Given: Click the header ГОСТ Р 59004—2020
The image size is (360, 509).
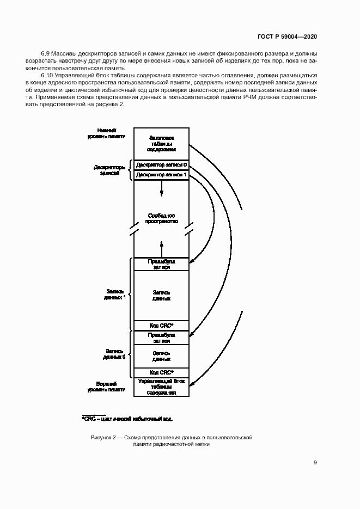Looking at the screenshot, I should pos(288,36).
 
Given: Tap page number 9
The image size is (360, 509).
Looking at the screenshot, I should pos(315,463).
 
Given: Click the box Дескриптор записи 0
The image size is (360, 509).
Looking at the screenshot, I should pos(161,164).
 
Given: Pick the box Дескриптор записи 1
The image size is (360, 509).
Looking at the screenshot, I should pos(161,175).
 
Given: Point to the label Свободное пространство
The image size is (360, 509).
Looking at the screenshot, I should pos(161,219).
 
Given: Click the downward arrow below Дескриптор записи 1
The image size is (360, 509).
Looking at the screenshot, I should pos(161,189).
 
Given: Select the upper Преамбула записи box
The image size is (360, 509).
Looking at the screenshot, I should pos(161,264).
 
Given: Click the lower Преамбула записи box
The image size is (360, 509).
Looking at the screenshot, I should pos(161,338).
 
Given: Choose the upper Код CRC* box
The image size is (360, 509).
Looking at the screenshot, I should pos(161,326).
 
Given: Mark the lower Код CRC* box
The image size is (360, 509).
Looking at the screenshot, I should pos(161,372).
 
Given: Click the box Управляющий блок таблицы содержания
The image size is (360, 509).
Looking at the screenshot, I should pos(161,387).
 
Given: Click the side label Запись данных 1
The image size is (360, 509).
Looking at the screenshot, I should pos(114,295).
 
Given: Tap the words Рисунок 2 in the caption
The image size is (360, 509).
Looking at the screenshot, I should pos(104,437).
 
